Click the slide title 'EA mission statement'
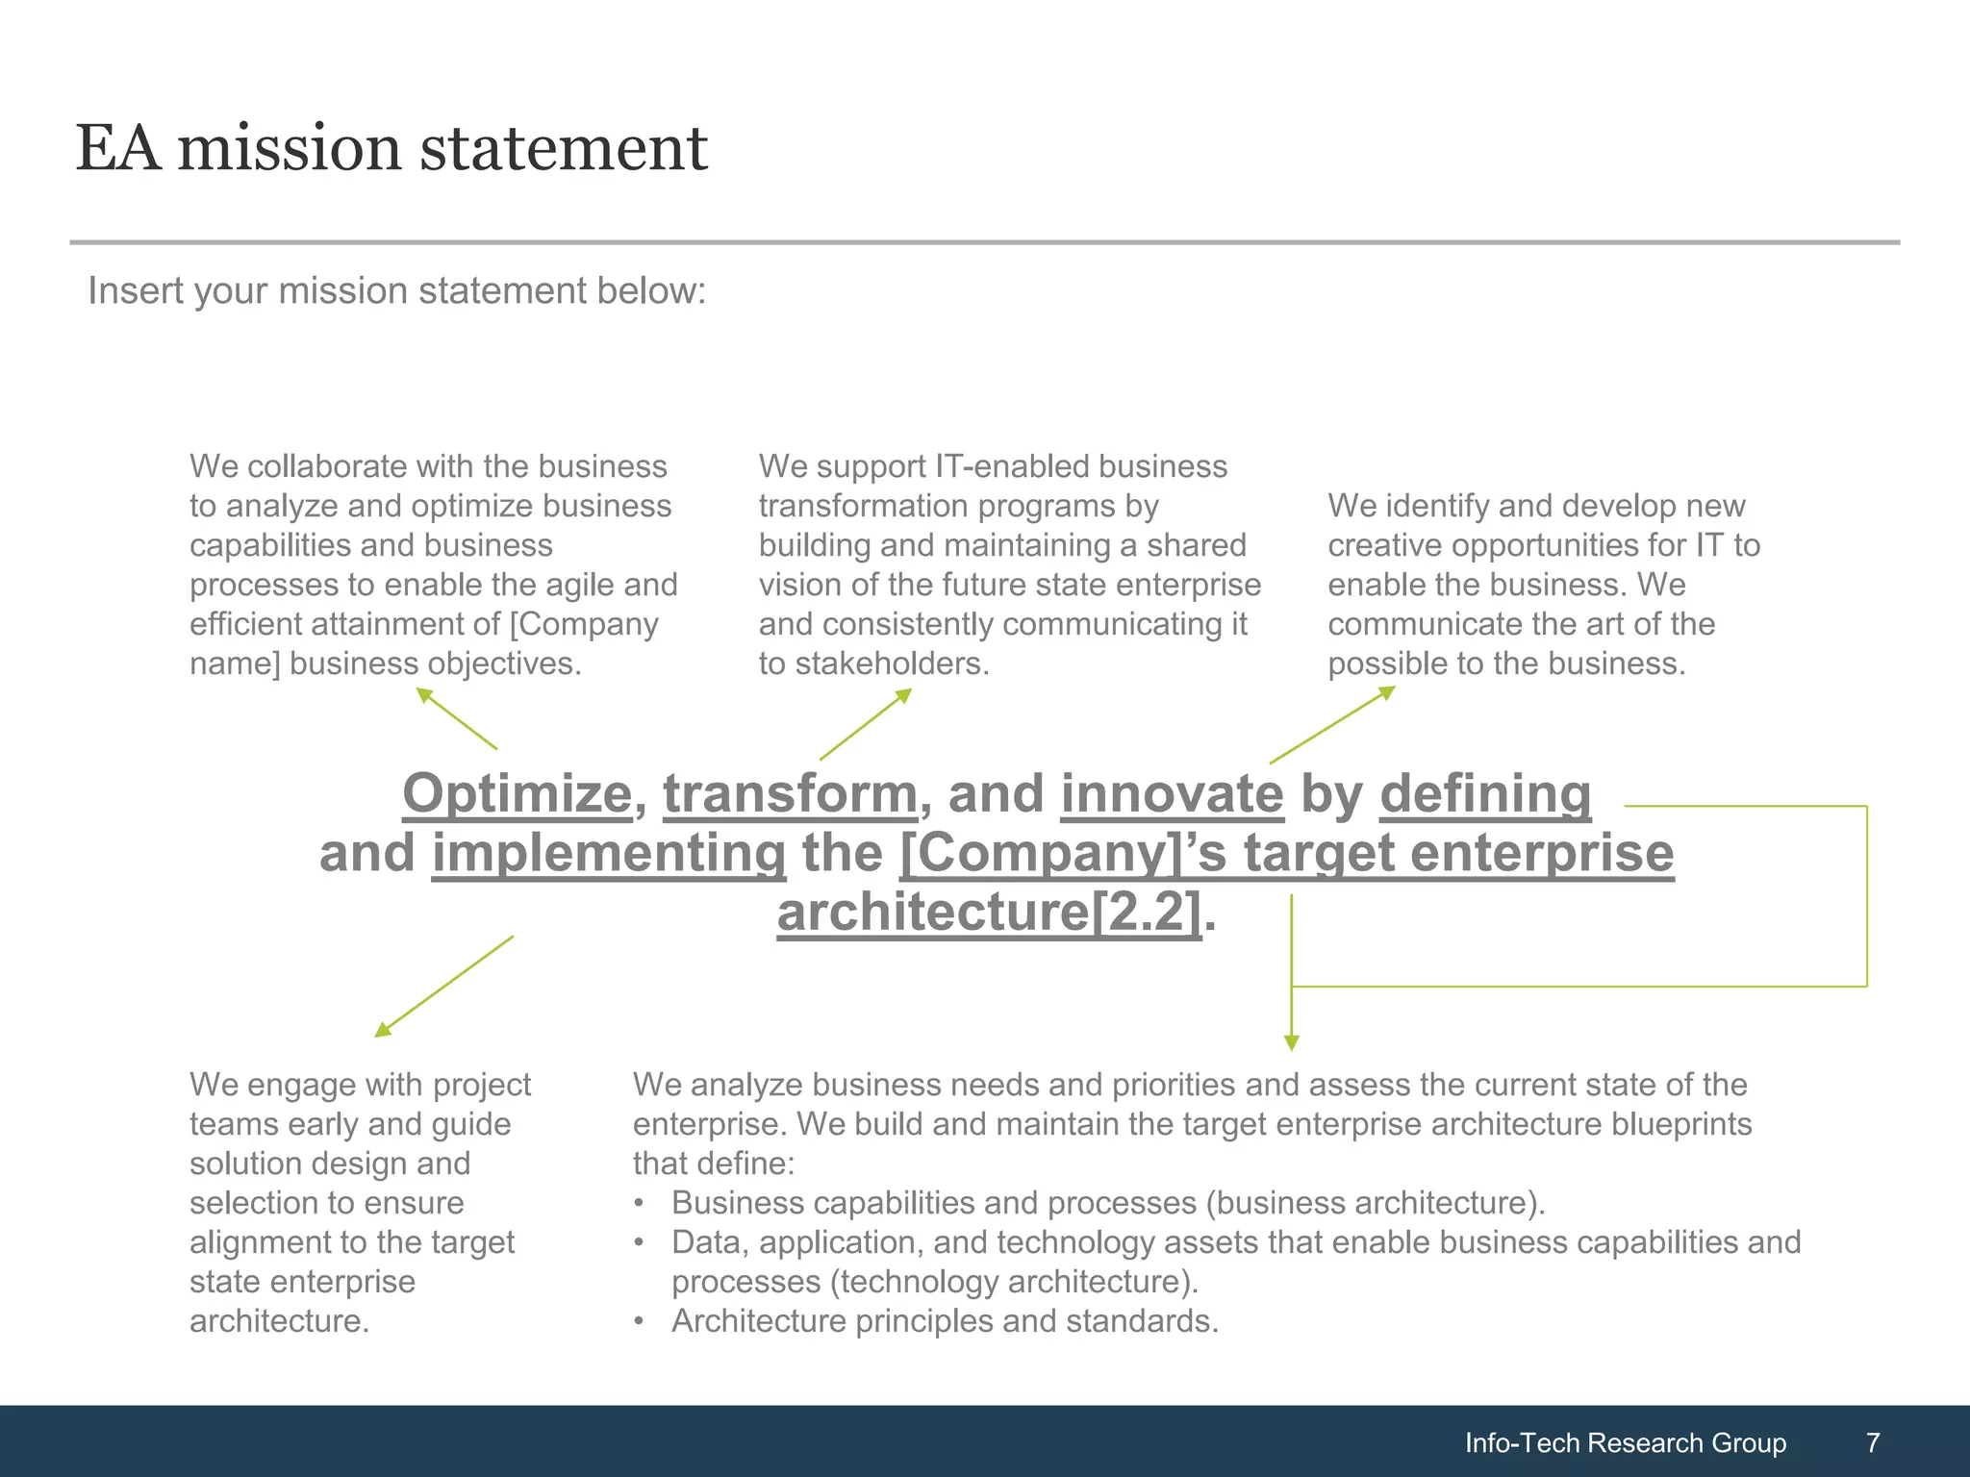pos(391,149)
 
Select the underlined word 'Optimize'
pos(517,794)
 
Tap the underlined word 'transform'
pos(790,794)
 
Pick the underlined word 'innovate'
pos(1172,794)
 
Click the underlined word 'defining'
pos(1485,794)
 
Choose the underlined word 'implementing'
pos(608,854)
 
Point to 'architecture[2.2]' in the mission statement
pos(989,912)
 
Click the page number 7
pos(1872,1442)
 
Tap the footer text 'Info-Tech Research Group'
pos(1625,1442)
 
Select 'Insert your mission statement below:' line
pos(397,290)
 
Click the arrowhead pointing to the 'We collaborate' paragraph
pos(422,693)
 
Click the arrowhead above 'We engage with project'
pos(381,1031)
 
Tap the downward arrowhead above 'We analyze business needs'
pos(1292,1043)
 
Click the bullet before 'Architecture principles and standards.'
pos(639,1322)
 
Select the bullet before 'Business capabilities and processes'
pos(639,1204)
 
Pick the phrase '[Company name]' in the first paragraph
pos(583,625)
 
